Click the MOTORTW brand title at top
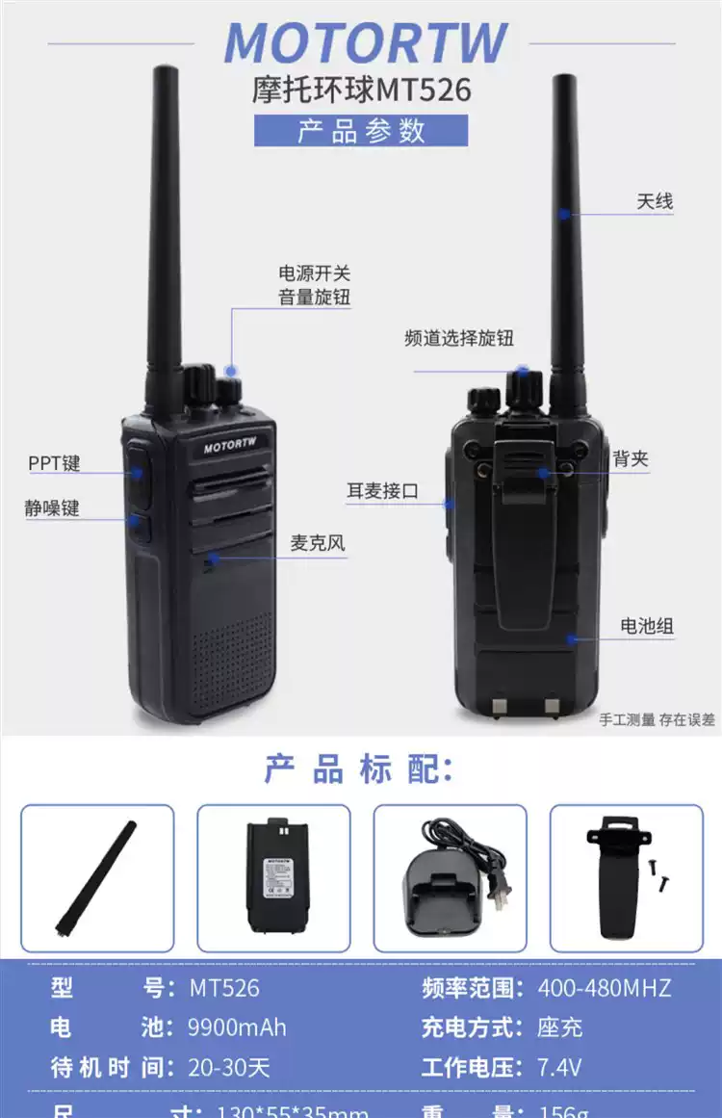pyautogui.click(x=366, y=44)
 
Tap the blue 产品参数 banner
pyautogui.click(x=361, y=131)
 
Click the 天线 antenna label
pyautogui.click(x=655, y=202)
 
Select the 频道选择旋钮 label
pyautogui.click(x=459, y=338)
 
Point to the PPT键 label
pyautogui.click(x=54, y=463)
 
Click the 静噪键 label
pyautogui.click(x=52, y=507)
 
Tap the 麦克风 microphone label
pyautogui.click(x=318, y=543)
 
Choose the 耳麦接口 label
pyautogui.click(x=383, y=491)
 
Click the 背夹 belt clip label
pyautogui.click(x=631, y=459)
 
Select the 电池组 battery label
pyautogui.click(x=647, y=626)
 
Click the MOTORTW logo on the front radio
pyautogui.click(x=231, y=448)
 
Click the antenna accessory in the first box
pyautogui.click(x=96, y=878)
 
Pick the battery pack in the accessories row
pyautogui.click(x=273, y=876)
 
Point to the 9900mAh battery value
pyautogui.click(x=238, y=1027)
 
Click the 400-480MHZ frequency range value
pyautogui.click(x=604, y=987)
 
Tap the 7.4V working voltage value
pyautogui.click(x=559, y=1067)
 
